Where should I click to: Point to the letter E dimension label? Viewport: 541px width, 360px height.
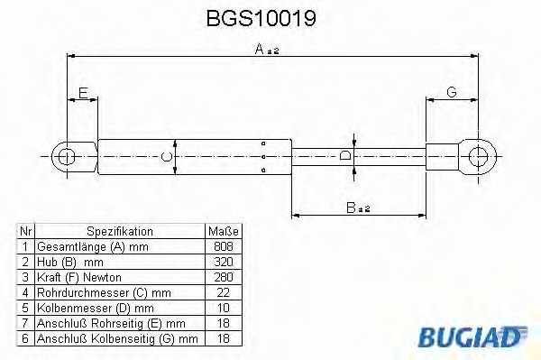click(83, 92)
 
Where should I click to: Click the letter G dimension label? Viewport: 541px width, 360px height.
click(450, 92)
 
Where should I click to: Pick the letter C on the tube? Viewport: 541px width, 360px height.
click(165, 156)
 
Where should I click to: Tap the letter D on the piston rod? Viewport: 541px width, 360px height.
click(344, 156)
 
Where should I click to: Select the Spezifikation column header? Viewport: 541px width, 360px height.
click(120, 231)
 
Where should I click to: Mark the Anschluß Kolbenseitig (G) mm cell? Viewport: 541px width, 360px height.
click(116, 338)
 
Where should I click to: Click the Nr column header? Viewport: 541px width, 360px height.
click(27, 231)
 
